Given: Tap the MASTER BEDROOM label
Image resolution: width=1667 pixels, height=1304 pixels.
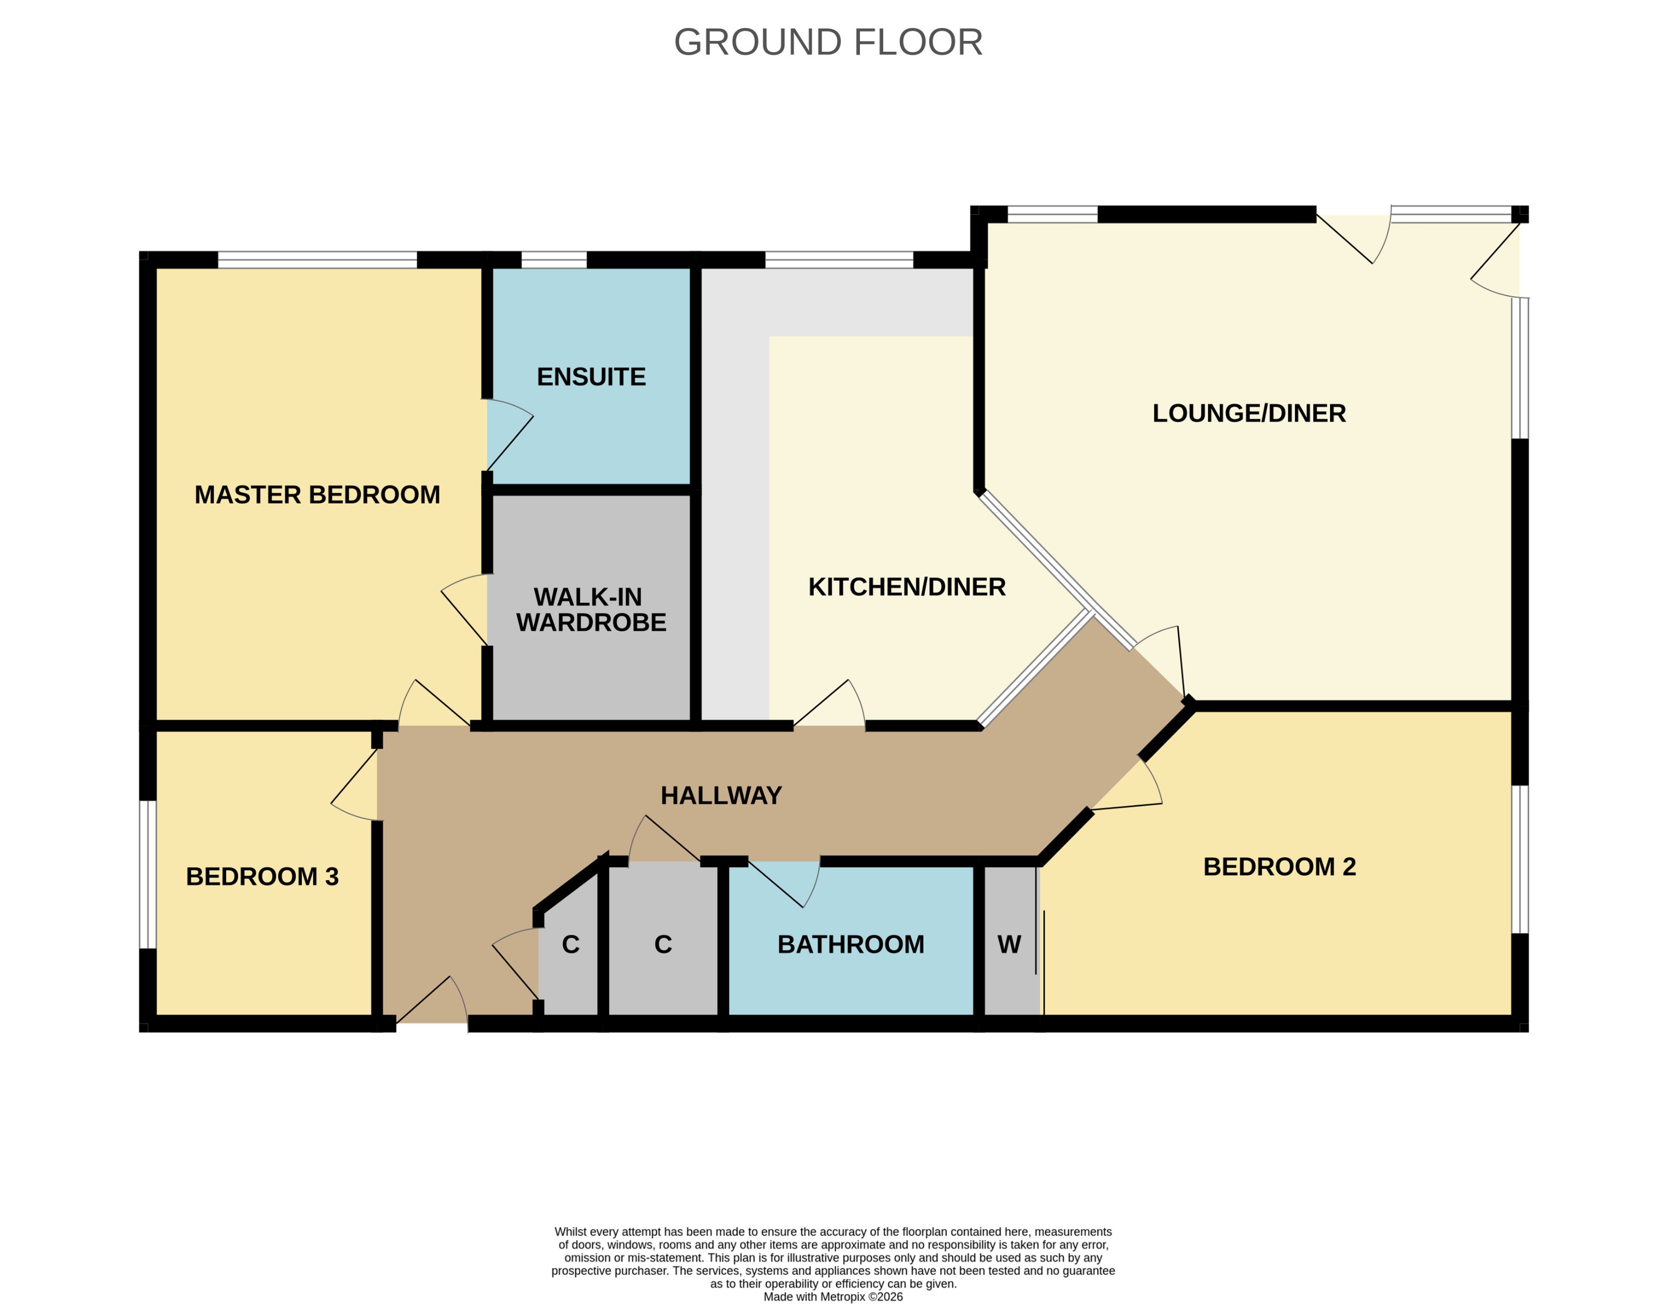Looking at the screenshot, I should pyautogui.click(x=317, y=495).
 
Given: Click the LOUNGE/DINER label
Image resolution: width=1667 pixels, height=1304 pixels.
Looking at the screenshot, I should pyautogui.click(x=1249, y=413).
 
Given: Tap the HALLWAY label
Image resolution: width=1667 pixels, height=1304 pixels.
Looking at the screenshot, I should pyautogui.click(x=721, y=795).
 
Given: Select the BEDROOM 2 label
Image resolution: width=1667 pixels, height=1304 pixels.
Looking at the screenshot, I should pyautogui.click(x=1279, y=867).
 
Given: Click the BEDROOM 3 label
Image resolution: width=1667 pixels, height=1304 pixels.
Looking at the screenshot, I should pyautogui.click(x=262, y=877).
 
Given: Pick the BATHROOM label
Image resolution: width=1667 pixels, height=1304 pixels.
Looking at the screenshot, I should pyautogui.click(x=851, y=944).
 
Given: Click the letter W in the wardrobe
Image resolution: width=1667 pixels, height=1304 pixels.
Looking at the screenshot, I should pyautogui.click(x=1009, y=944).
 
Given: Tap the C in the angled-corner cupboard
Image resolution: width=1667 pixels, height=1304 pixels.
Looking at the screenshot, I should pyautogui.click(x=571, y=944).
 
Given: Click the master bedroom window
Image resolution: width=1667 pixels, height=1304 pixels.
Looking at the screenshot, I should pyautogui.click(x=317, y=260).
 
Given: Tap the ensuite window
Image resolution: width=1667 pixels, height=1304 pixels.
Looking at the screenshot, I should pyautogui.click(x=553, y=260).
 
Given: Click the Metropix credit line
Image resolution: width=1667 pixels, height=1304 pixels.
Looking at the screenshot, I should pyautogui.click(x=832, y=1296).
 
